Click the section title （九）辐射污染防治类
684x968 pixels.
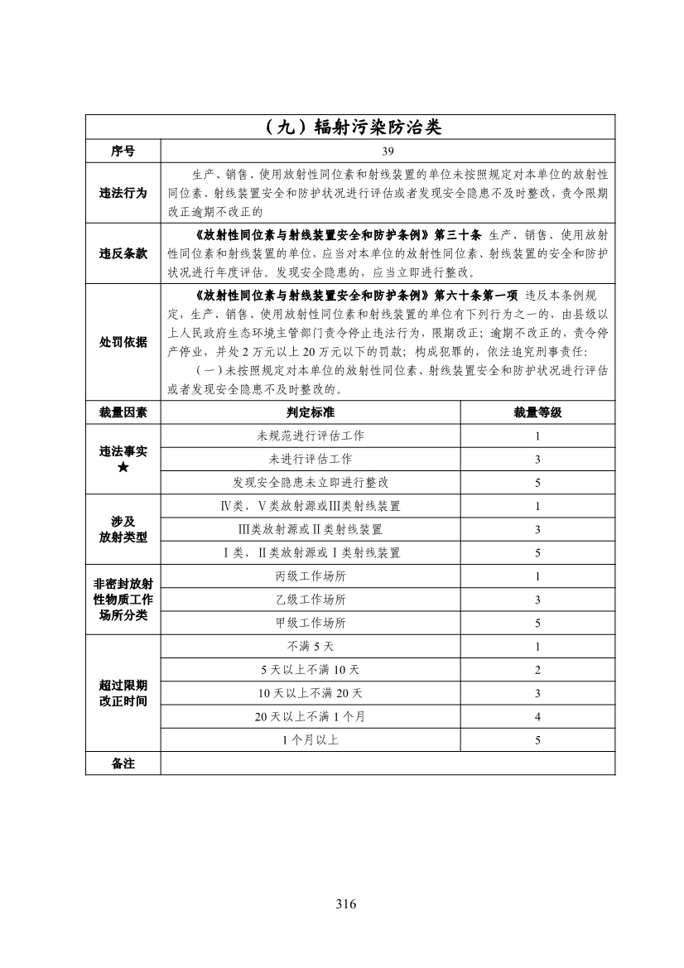349,128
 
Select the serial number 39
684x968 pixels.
388,152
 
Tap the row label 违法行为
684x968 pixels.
123,193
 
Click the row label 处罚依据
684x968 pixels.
123,341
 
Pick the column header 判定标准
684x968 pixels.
311,412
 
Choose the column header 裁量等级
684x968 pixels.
537,412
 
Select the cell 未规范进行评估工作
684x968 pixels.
311,436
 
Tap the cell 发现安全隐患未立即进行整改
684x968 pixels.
311,482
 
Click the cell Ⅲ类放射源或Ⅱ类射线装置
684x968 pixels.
311,529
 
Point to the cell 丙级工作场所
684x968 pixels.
311,576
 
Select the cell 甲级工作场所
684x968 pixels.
311,623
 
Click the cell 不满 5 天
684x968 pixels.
311,647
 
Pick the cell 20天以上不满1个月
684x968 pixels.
311,716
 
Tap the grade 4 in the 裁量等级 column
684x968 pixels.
537,716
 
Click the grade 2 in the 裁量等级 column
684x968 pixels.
537,670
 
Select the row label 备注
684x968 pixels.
123,763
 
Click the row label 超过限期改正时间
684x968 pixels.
123,693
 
